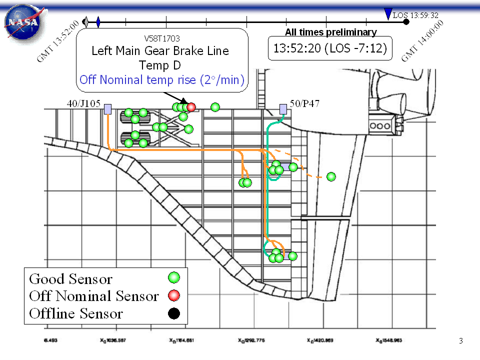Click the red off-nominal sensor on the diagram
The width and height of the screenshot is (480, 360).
click(x=191, y=107)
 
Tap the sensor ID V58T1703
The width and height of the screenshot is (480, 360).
click(x=162, y=38)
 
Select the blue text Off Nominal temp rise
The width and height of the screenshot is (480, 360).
click(x=161, y=79)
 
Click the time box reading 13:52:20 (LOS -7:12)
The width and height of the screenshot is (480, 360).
click(x=330, y=49)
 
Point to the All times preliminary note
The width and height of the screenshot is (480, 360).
click(x=330, y=32)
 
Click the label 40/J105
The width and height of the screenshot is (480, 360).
click(x=83, y=104)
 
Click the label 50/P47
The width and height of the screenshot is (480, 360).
click(x=304, y=104)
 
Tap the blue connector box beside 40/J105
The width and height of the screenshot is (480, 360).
click(x=107, y=108)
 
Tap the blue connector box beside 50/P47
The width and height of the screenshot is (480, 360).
click(x=283, y=108)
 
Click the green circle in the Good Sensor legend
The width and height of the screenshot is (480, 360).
click(x=174, y=277)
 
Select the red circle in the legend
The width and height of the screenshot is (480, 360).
click(x=174, y=295)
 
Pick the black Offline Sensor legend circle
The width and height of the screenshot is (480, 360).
click(x=174, y=313)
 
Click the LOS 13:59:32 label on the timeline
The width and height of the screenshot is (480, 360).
click(x=415, y=15)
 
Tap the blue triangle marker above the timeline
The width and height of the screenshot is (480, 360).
click(x=387, y=14)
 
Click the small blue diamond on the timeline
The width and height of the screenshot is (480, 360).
click(x=98, y=22)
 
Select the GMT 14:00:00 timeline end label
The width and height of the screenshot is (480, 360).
click(x=422, y=41)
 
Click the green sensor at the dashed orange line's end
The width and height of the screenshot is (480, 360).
click(x=331, y=176)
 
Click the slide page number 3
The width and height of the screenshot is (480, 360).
click(x=461, y=341)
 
